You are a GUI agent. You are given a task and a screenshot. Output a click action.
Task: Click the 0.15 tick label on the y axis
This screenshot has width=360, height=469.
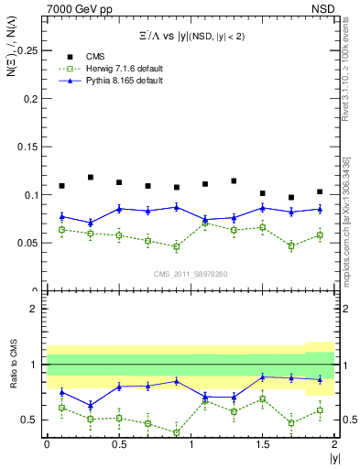click(29, 147)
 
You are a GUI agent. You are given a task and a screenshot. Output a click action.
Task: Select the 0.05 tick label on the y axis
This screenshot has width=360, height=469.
click(29, 243)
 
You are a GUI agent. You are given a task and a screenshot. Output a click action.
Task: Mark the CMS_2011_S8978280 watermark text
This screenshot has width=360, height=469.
click(191, 273)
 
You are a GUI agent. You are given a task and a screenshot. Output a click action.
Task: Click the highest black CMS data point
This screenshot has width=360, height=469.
click(91, 177)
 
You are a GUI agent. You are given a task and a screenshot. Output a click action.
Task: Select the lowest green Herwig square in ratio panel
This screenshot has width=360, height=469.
click(177, 432)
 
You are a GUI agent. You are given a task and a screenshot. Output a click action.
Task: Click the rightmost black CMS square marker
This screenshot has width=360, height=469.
click(320, 191)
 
